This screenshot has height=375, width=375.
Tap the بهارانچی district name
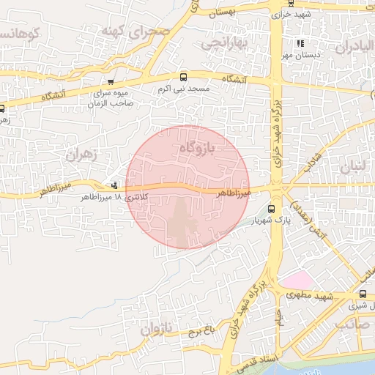click(x=226, y=44)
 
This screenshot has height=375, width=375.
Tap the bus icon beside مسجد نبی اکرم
click(x=183, y=76)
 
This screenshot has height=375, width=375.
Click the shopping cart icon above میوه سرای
click(x=111, y=82)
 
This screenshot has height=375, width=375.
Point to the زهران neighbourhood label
click(x=81, y=155)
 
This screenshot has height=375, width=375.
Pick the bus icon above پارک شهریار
click(x=272, y=208)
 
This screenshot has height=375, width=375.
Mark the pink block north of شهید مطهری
click(x=297, y=280)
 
